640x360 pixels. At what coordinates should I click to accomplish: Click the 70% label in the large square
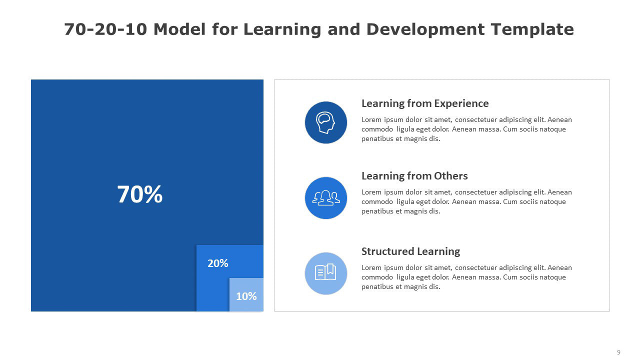point(139,194)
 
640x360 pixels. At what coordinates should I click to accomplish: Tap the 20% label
point(217,263)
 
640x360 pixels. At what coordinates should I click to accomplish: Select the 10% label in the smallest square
point(246,296)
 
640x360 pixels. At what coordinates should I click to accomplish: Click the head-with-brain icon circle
point(325,122)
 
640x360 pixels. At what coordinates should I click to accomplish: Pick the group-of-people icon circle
point(325,198)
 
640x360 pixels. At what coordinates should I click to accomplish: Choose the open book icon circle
point(325,273)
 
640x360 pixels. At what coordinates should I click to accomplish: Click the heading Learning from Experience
point(425,103)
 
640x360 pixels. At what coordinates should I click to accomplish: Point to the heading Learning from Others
point(414,176)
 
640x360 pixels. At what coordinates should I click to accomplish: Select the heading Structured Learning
point(410,251)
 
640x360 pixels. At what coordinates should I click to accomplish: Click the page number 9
point(618,352)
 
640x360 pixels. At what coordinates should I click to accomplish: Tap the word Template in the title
point(532,29)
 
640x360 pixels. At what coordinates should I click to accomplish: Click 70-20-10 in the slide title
point(105,29)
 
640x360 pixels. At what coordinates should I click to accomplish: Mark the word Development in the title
point(425,29)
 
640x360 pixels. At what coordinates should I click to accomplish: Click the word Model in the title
point(179,29)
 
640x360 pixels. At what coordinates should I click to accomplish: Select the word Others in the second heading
point(451,176)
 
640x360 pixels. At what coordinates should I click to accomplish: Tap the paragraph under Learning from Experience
point(466,129)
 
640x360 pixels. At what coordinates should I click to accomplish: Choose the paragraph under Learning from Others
point(466,201)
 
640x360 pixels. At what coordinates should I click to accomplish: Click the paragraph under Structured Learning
point(466,277)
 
